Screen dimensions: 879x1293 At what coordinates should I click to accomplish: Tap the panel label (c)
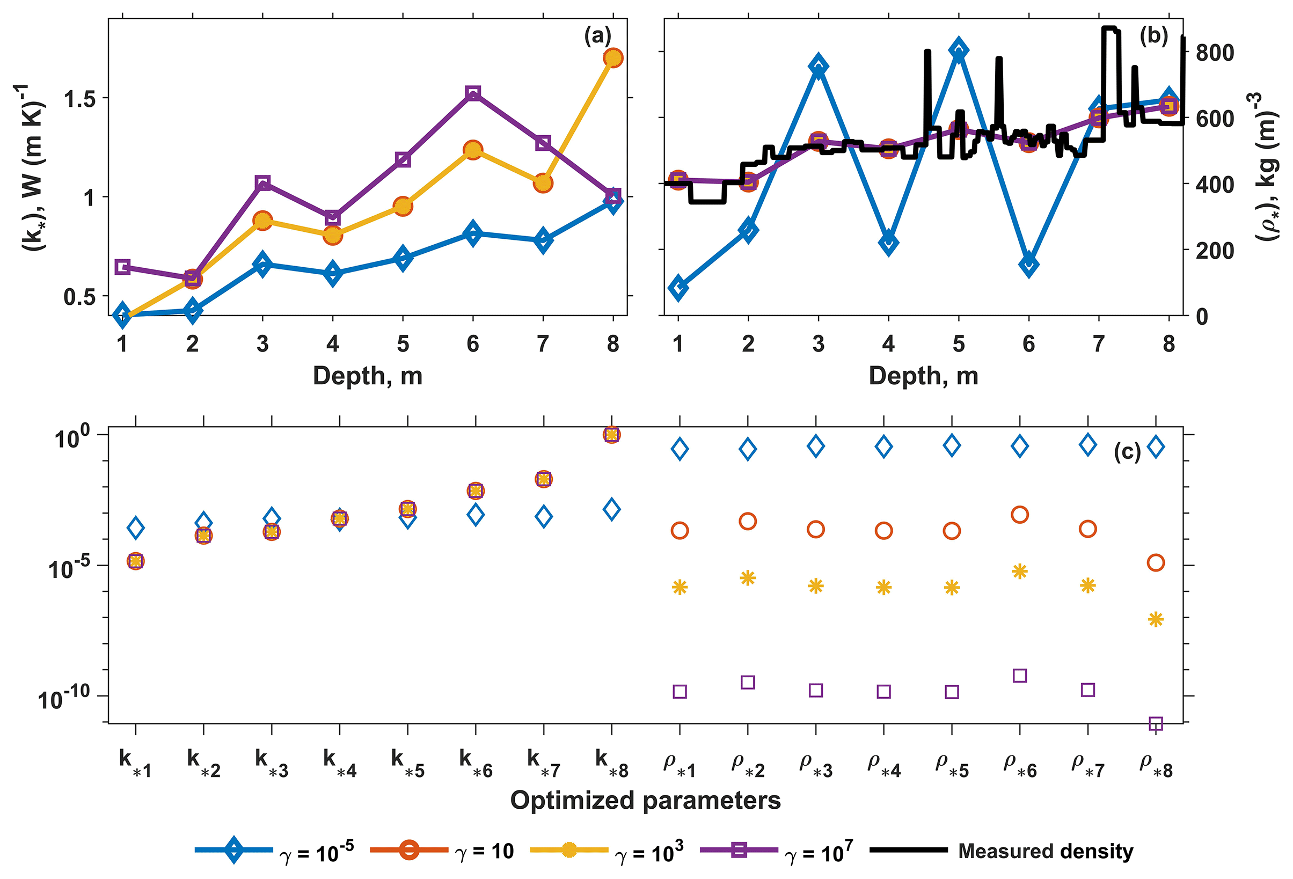1127,452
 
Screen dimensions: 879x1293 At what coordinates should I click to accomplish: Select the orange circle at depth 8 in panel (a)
612,58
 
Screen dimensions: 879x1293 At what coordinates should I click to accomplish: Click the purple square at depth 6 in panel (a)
473,93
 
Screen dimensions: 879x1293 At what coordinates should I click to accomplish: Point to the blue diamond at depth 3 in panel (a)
262,263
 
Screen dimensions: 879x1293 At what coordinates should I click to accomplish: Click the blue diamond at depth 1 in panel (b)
678,288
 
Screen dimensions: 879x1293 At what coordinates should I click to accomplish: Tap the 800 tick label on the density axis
1215,53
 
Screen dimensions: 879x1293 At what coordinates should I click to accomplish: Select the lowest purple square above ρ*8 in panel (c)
1156,724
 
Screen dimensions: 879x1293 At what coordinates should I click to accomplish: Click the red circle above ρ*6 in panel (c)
1019,515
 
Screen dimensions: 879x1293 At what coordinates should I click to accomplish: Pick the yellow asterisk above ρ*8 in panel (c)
1156,619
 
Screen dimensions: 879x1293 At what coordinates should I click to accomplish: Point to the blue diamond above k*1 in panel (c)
135,528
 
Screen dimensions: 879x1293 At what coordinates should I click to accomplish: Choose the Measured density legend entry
1045,851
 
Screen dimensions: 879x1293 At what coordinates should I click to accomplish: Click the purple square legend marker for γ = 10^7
739,849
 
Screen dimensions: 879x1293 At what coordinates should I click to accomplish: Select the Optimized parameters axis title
645,801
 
